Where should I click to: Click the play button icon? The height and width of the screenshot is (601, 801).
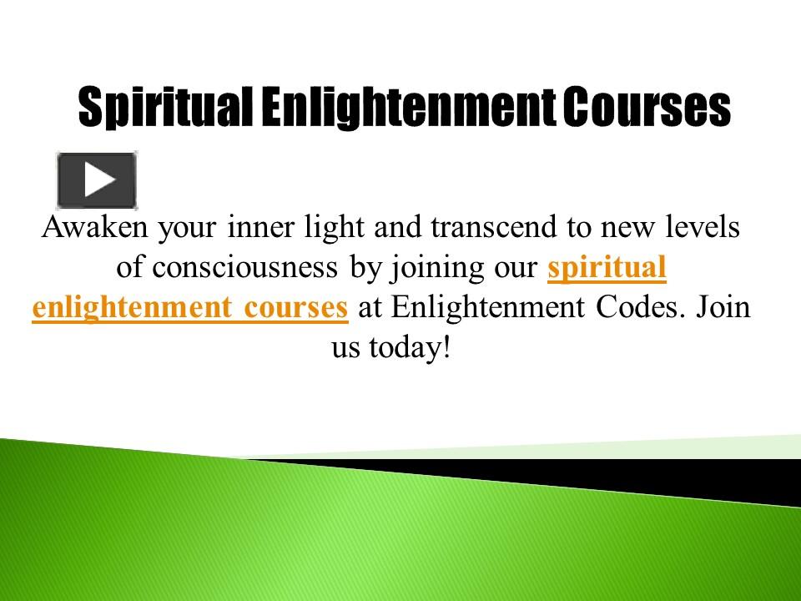pos(97,179)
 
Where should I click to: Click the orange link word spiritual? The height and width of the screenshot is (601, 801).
pos(607,268)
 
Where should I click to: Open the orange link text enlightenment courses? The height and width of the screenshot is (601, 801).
pos(190,307)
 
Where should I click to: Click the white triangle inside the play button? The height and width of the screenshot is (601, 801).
pos(99,179)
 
